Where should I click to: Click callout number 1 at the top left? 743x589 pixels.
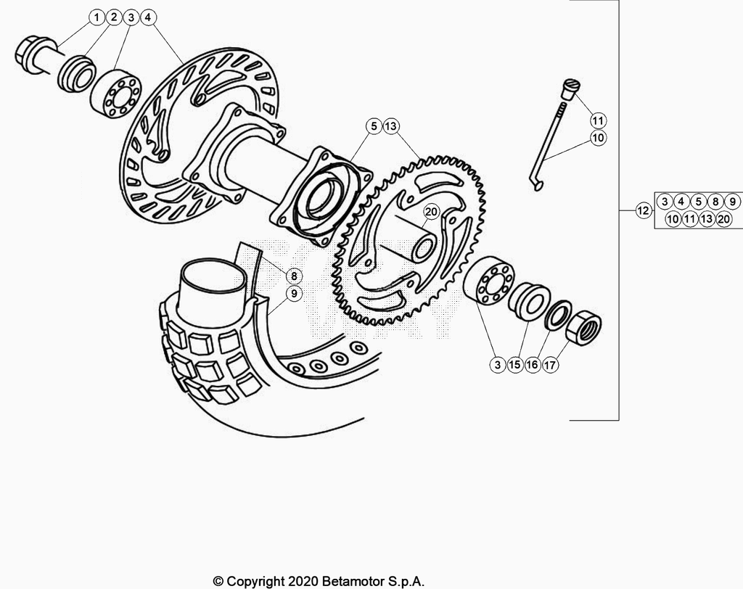coord(97,18)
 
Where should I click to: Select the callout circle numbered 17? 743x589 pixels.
coord(550,365)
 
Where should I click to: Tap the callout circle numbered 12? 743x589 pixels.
coord(643,210)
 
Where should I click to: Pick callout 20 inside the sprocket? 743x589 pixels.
coord(431,212)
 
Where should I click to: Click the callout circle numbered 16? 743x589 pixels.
coord(532,365)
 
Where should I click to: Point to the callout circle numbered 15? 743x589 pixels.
coord(514,365)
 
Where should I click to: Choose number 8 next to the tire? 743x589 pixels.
coord(294,276)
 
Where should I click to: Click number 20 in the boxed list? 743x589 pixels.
coord(723,219)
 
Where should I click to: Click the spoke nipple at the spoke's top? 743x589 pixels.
coord(567,89)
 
